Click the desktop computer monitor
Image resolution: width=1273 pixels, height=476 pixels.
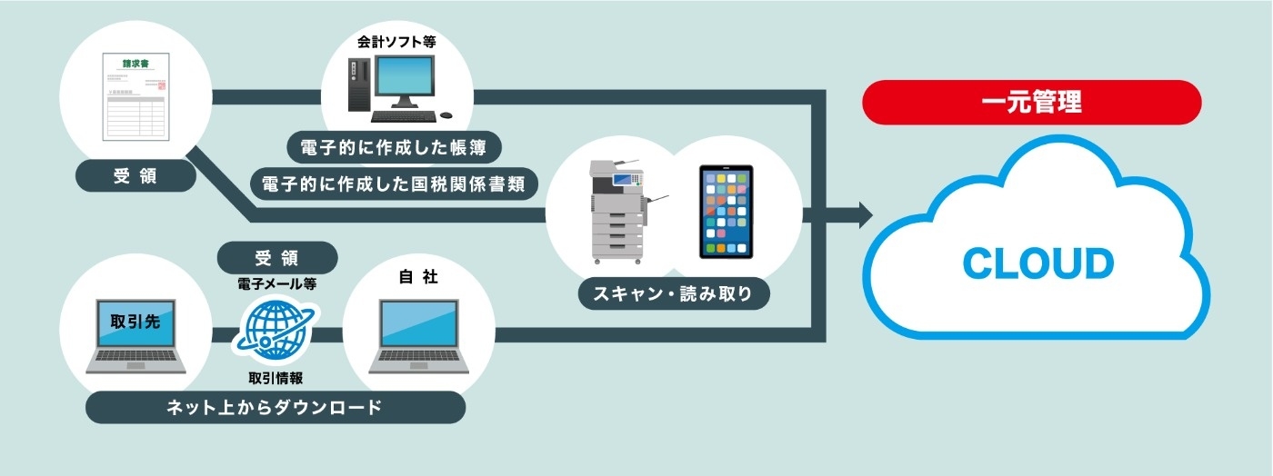click(406, 82)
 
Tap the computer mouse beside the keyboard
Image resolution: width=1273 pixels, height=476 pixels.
click(446, 115)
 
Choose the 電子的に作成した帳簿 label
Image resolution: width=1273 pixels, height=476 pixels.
click(394, 146)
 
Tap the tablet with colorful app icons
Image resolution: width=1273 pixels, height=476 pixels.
click(726, 211)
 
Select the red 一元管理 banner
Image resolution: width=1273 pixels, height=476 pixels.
click(1032, 102)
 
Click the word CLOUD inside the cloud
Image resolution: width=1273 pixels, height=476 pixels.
click(1037, 263)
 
